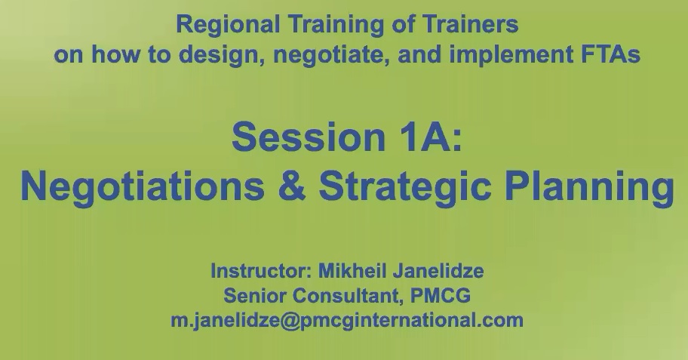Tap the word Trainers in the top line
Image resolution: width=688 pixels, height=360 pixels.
coord(474,25)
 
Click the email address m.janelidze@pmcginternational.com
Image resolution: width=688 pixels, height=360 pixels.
coord(347,319)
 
